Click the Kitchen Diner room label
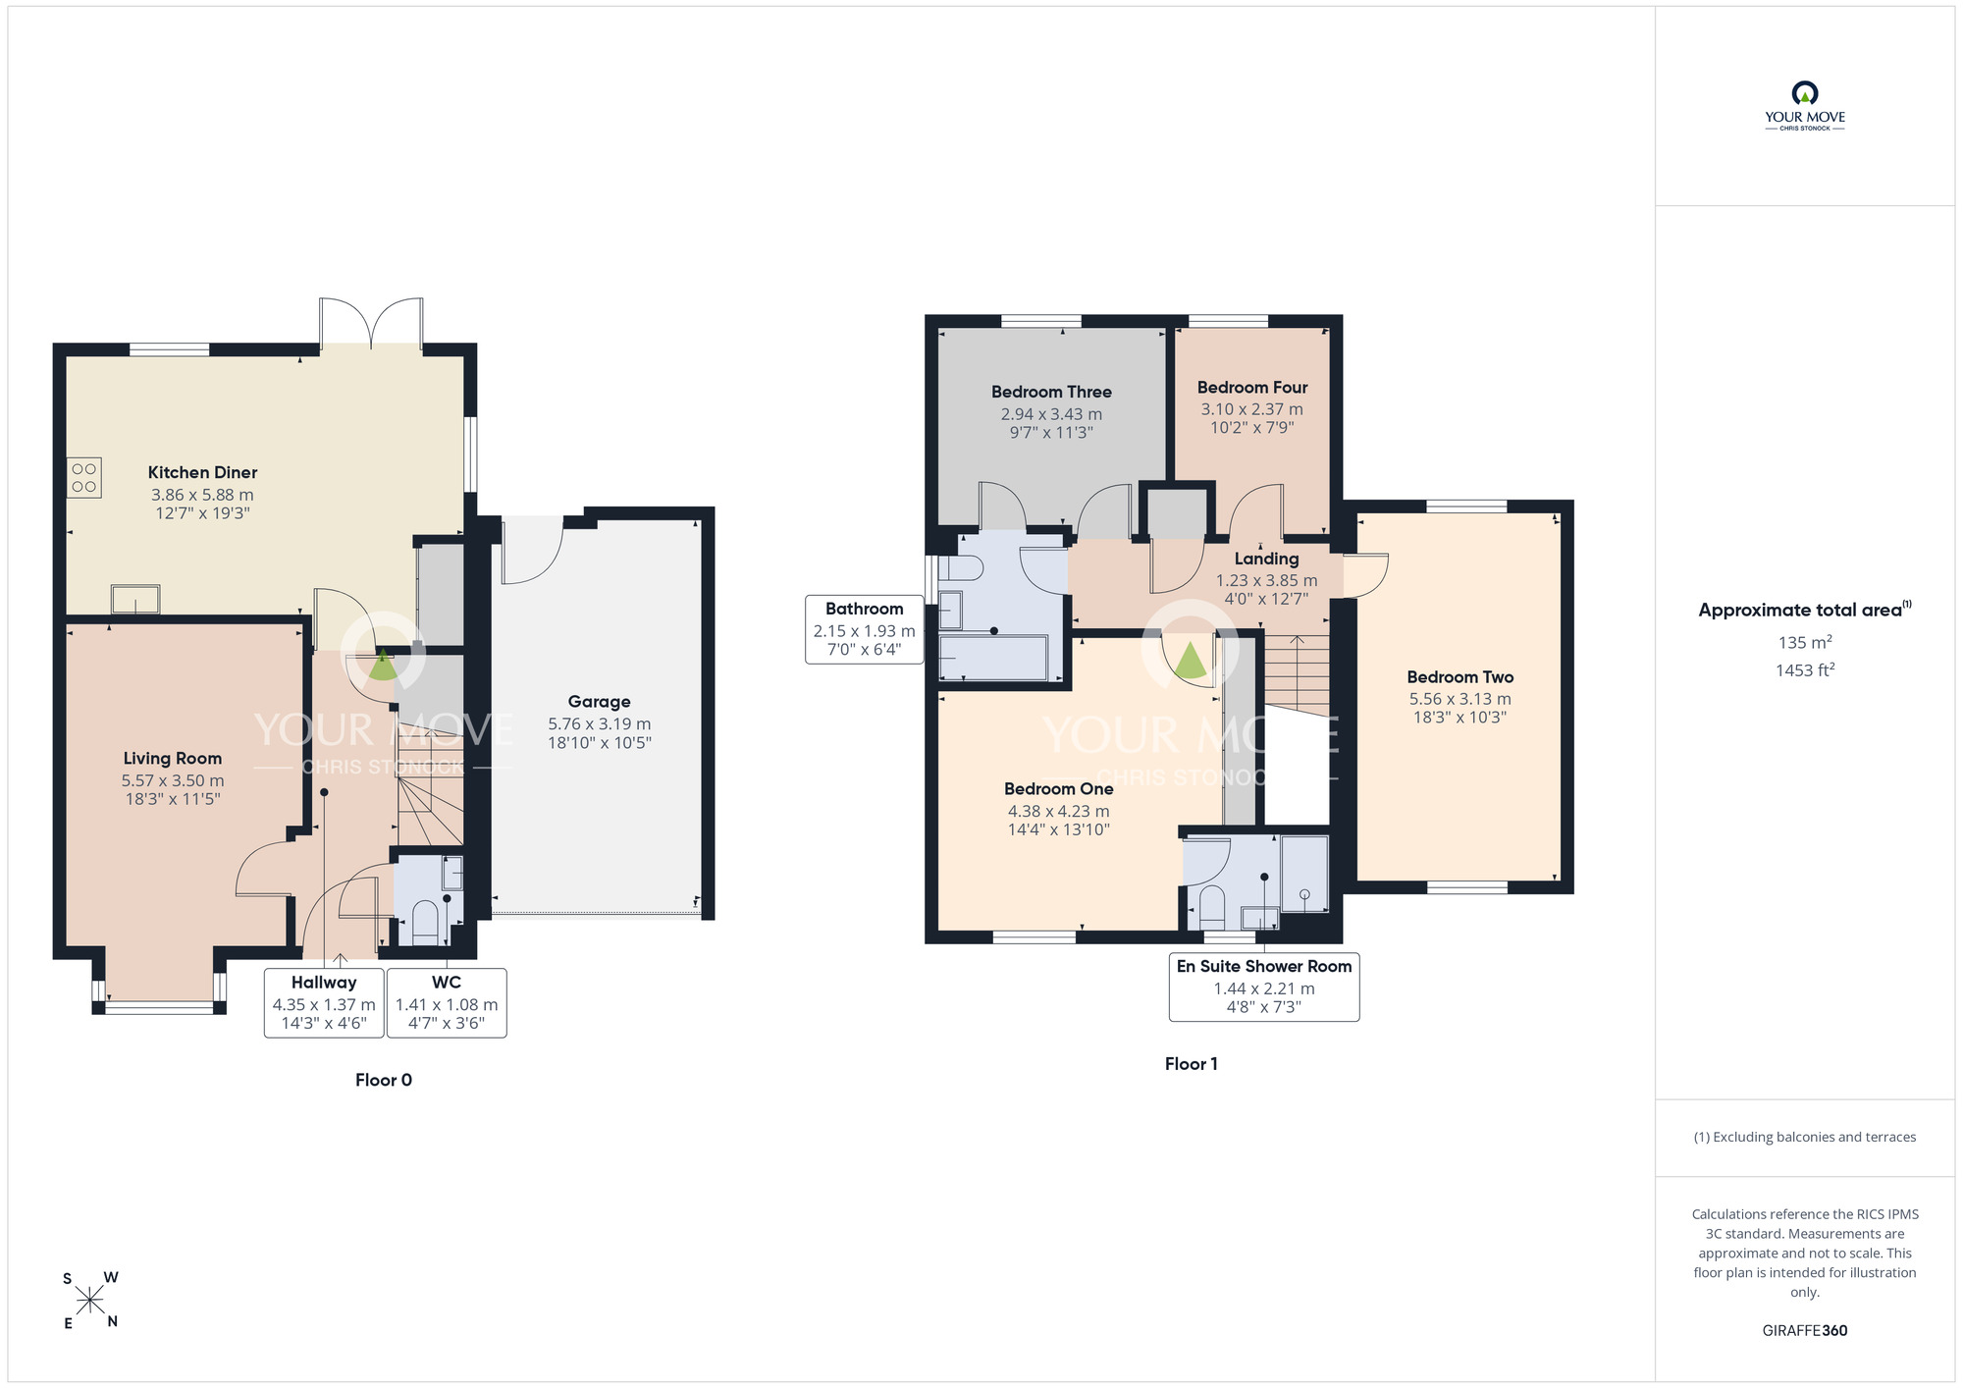[202, 472]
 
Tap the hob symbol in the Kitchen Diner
[84, 478]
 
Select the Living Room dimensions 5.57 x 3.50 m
[173, 781]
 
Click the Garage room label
[599, 702]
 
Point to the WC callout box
[447, 1002]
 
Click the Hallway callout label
[324, 983]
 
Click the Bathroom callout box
[864, 629]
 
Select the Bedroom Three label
[1051, 392]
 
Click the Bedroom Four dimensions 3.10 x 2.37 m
[1252, 409]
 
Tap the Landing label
[1266, 559]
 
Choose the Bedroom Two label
[1460, 677]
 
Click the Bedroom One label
[1059, 789]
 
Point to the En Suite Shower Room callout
[1264, 987]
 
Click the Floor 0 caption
[384, 1080]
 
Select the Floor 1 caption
[1192, 1064]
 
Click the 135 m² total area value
[1805, 643]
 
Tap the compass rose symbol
[90, 1302]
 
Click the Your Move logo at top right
[1805, 106]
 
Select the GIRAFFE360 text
[1805, 1331]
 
